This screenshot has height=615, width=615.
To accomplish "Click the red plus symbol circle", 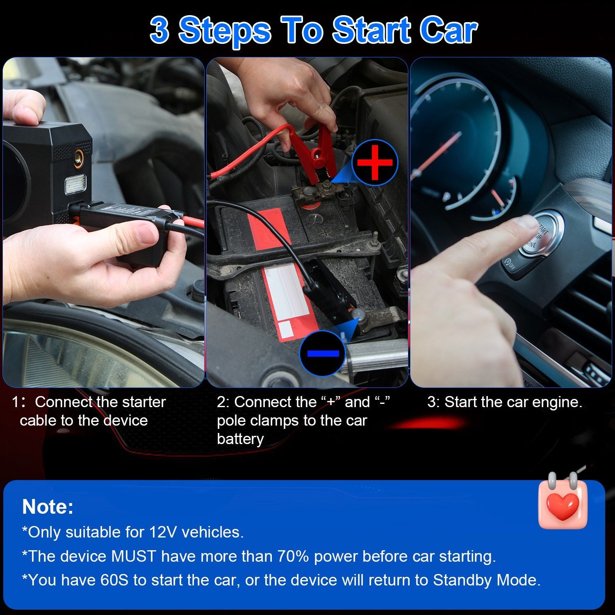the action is tap(375, 162).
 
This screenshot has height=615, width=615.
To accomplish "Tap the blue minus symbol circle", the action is tap(323, 353).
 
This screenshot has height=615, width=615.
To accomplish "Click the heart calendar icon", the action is tap(563, 501).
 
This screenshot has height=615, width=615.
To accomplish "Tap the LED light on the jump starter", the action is tap(75, 184).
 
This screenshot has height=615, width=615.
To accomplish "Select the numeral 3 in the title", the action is tap(159, 30).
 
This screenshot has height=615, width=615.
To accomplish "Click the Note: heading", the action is tap(48, 507).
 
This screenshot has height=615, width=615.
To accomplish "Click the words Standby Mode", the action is tap(487, 580).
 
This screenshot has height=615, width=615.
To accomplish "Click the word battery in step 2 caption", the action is tap(240, 439).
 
